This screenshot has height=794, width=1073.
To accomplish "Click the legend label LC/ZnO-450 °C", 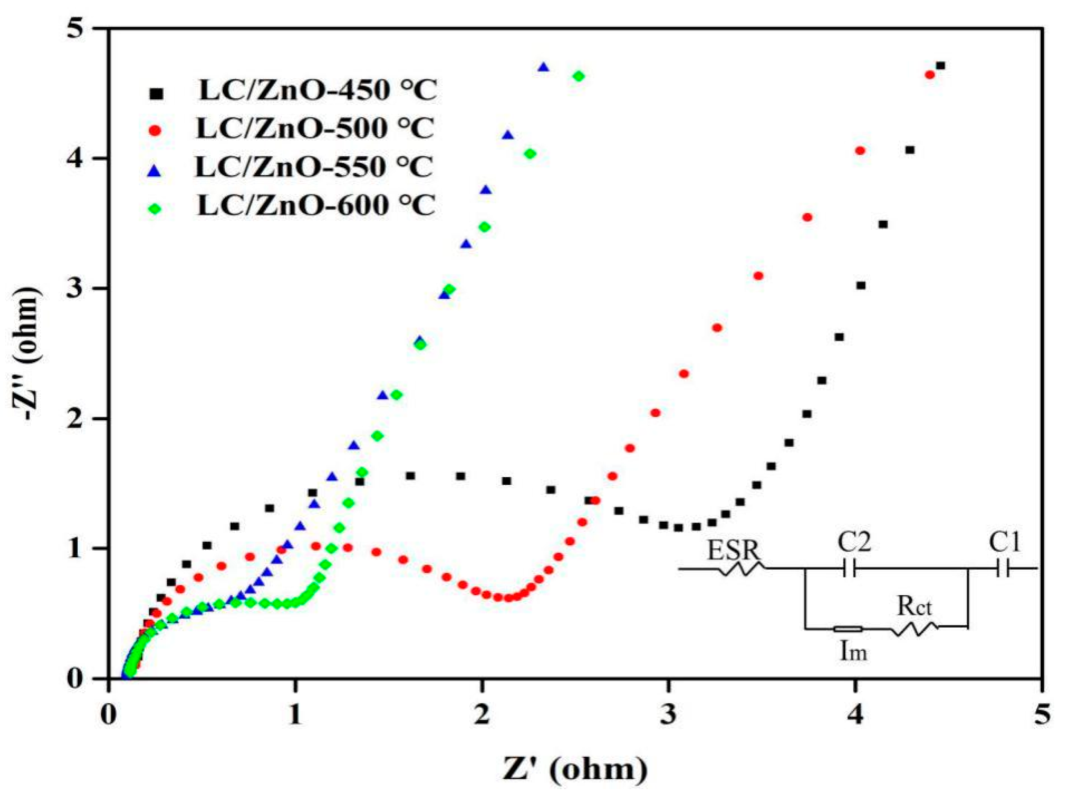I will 317,91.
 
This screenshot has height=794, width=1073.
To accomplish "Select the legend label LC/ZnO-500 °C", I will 315,128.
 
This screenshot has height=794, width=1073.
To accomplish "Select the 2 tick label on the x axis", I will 482,707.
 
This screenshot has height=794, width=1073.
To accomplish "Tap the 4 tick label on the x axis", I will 855,707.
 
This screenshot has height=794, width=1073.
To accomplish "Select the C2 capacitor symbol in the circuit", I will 851,570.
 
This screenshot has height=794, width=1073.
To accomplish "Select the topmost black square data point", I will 941,65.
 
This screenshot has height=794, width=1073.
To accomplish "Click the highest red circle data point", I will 930,74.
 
